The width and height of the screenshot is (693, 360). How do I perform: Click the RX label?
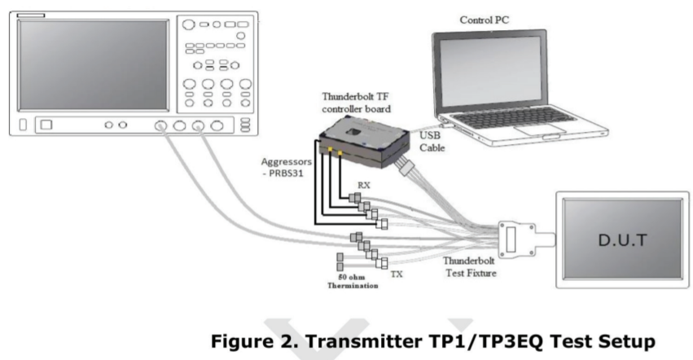362,187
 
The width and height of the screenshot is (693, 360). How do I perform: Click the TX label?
396,274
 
